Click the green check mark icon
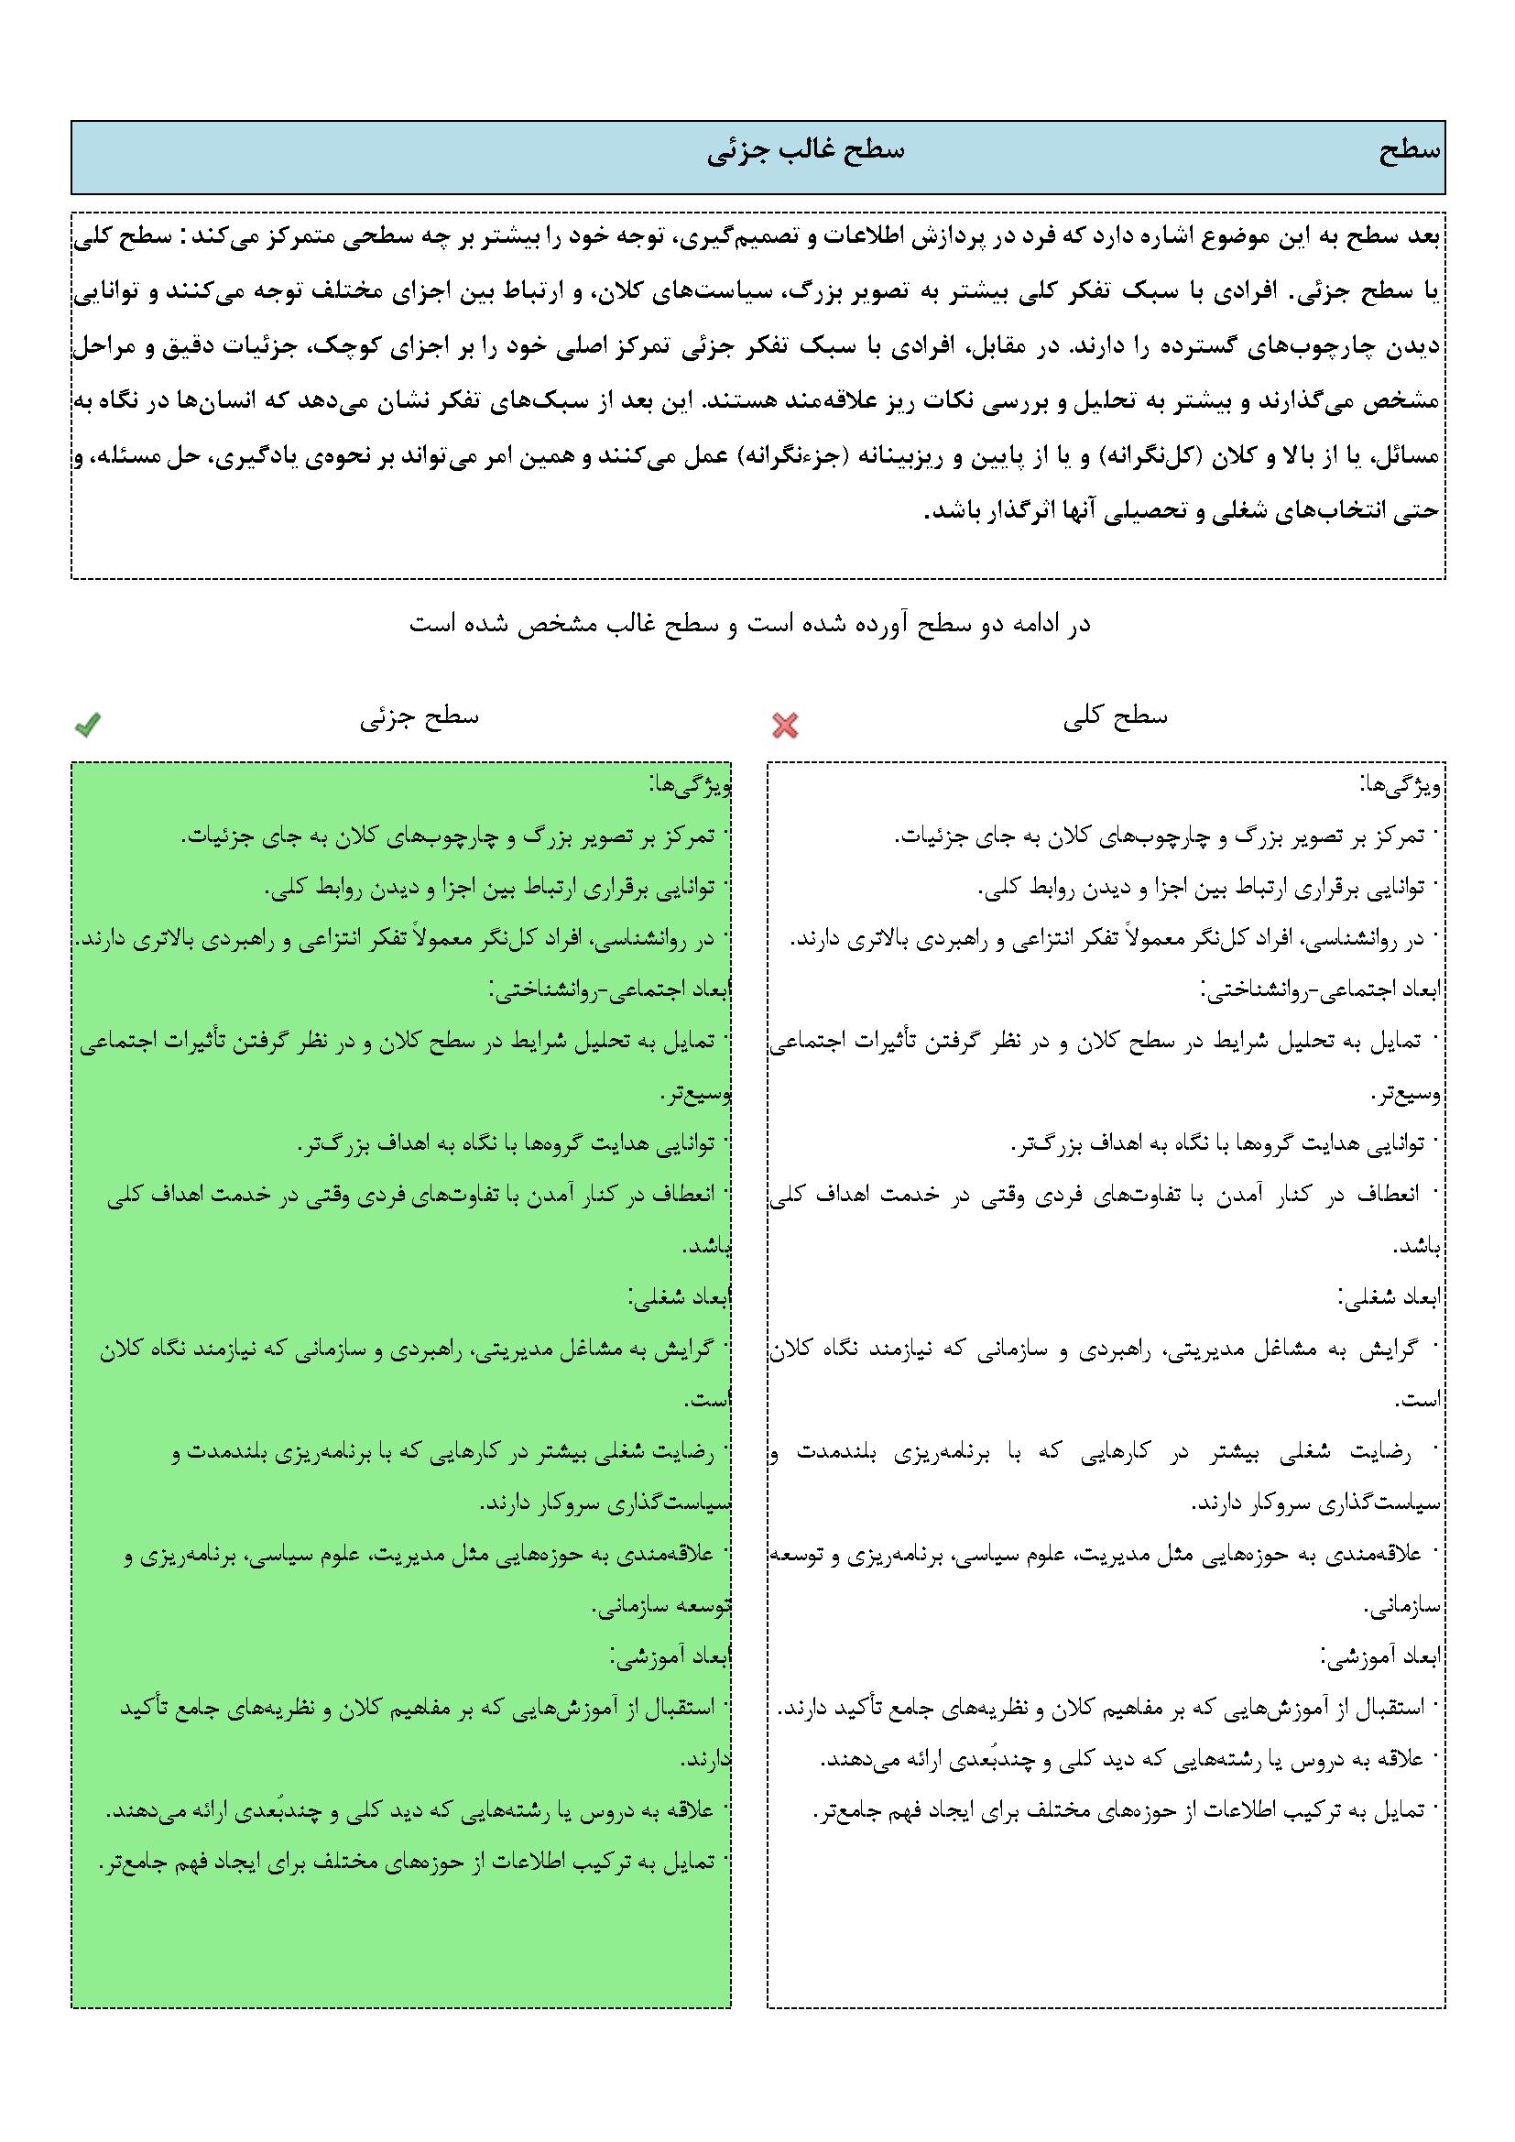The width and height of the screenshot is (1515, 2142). pyautogui.click(x=88, y=724)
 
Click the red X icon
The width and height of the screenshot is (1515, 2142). pyautogui.click(x=786, y=725)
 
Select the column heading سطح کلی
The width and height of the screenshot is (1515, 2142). pyautogui.click(x=1116, y=716)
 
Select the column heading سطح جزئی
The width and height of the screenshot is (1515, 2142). pyautogui.click(x=420, y=716)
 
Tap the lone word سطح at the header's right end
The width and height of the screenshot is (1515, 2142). pyautogui.click(x=1410, y=152)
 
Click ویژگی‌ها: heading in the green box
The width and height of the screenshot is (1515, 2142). pyautogui.click(x=691, y=785)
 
